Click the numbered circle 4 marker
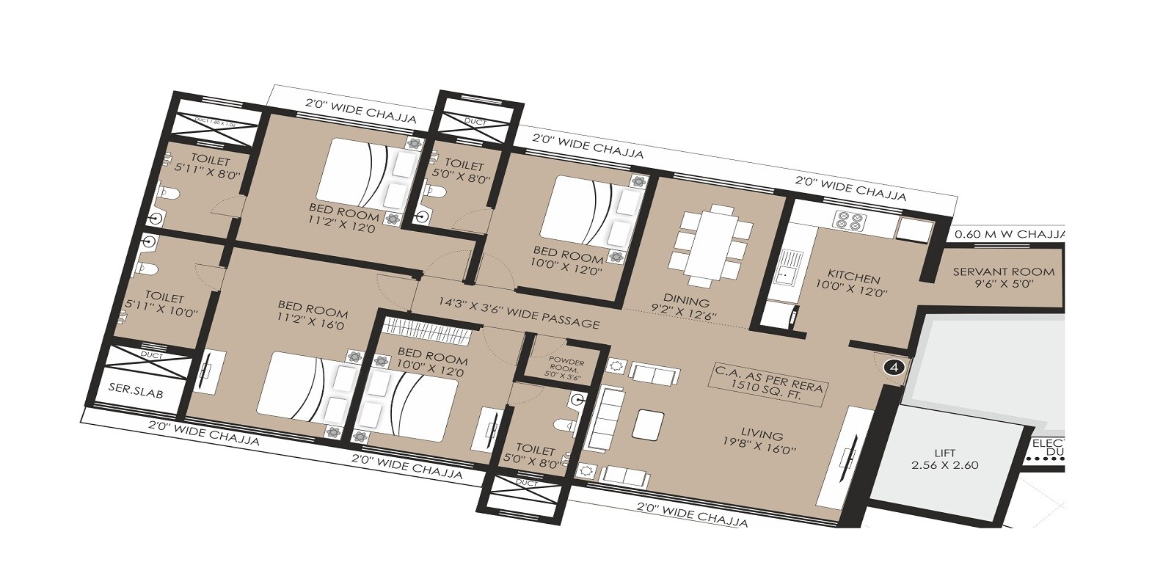pyautogui.click(x=894, y=367)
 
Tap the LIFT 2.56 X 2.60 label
pyautogui.click(x=945, y=459)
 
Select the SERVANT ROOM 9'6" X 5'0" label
pyautogui.click(x=1003, y=277)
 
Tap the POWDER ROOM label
pyautogui.click(x=566, y=369)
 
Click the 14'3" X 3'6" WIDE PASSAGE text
pyautogui.click(x=519, y=312)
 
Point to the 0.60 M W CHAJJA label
pyautogui.click(x=1009, y=235)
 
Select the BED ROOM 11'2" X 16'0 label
pyautogui.click(x=312, y=314)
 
